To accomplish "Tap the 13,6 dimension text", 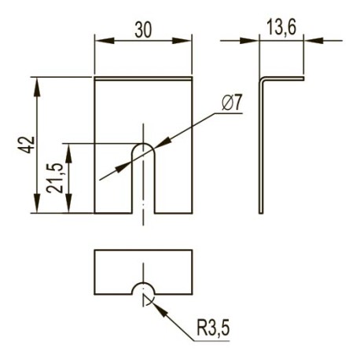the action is click(281, 28).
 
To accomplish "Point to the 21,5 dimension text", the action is click(55, 178).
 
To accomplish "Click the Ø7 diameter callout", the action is click(231, 103).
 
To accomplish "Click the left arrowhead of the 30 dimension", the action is click(105, 41).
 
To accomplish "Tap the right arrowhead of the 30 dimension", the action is click(182, 41).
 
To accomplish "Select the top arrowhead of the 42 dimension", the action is click(37, 87).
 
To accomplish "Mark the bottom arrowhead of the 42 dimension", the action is click(37, 203).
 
